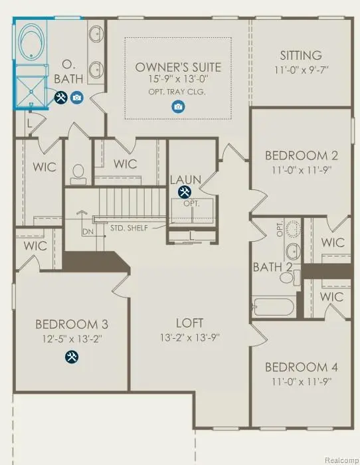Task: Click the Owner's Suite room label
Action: coord(178,67)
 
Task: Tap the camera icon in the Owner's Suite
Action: coord(177,106)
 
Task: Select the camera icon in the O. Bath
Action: coord(76,98)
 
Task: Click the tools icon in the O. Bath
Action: coord(60,98)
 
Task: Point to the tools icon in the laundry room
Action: coord(183,192)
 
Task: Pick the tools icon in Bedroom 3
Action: coord(70,357)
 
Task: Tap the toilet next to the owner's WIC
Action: coord(78,172)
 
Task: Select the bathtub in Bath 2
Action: coord(273,307)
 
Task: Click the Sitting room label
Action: coord(301,55)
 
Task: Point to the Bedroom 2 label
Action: coord(302,155)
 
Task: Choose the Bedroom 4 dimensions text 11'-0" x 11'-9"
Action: coord(302,381)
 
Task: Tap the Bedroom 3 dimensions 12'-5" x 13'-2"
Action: coord(71,338)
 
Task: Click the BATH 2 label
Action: coord(271,267)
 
